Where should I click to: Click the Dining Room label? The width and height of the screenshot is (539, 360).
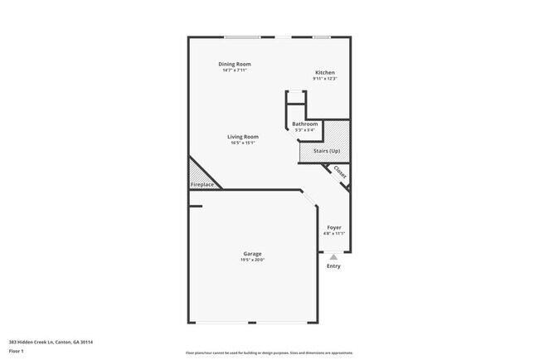[235, 64]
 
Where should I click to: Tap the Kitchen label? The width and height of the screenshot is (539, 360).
[324, 72]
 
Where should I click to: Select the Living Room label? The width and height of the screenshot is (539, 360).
[243, 137]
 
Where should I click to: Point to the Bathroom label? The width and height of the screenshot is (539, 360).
[304, 124]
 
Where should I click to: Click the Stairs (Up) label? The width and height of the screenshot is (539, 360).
[327, 150]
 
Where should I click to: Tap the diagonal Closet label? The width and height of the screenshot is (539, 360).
[339, 173]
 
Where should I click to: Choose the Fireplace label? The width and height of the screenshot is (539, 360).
[202, 184]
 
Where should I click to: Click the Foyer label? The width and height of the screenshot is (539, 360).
[333, 227]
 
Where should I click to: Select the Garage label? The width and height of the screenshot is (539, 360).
[252, 253]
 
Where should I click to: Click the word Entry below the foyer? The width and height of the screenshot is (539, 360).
[333, 266]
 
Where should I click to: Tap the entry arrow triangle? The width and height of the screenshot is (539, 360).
[333, 257]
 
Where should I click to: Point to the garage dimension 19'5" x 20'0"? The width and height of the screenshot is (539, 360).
[252, 260]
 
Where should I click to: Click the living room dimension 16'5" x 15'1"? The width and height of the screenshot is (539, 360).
[243, 144]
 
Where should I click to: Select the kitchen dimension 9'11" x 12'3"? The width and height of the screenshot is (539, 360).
[324, 79]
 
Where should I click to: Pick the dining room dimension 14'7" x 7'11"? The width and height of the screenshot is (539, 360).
[235, 71]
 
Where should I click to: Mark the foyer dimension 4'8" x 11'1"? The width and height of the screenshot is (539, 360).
[333, 234]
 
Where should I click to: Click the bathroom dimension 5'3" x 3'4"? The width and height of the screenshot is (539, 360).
[304, 130]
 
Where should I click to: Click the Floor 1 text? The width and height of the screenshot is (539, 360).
[17, 351]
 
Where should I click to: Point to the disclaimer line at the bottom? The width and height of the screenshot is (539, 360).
[269, 353]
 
